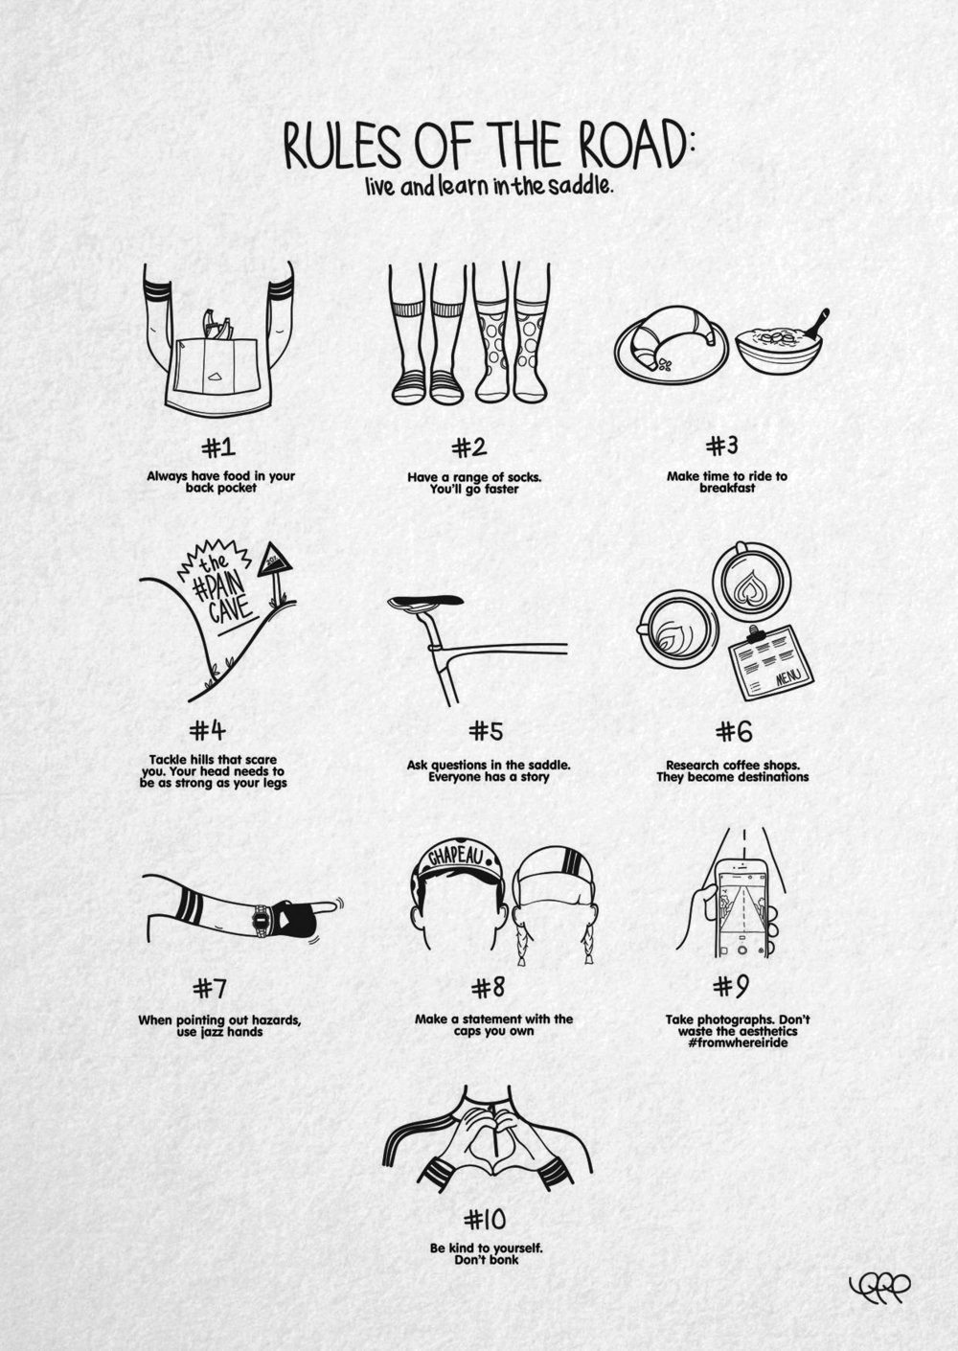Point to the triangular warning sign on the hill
(275, 561)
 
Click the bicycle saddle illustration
(425, 602)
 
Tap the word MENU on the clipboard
(789, 678)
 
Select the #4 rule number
(208, 731)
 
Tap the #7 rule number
(209, 989)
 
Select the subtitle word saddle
(582, 186)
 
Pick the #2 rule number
(469, 447)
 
